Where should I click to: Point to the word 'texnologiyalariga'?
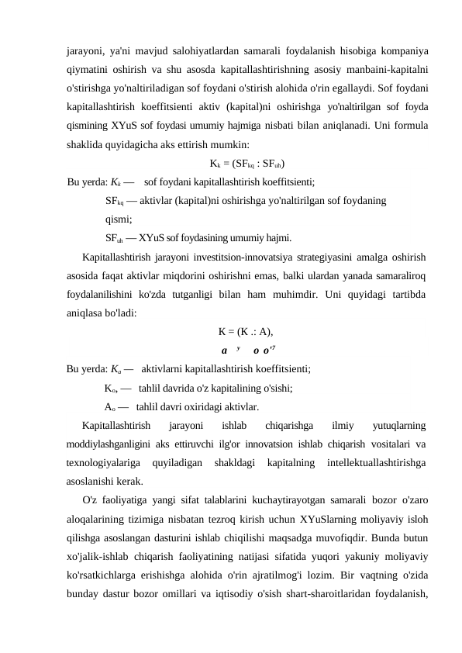[104, 462]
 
